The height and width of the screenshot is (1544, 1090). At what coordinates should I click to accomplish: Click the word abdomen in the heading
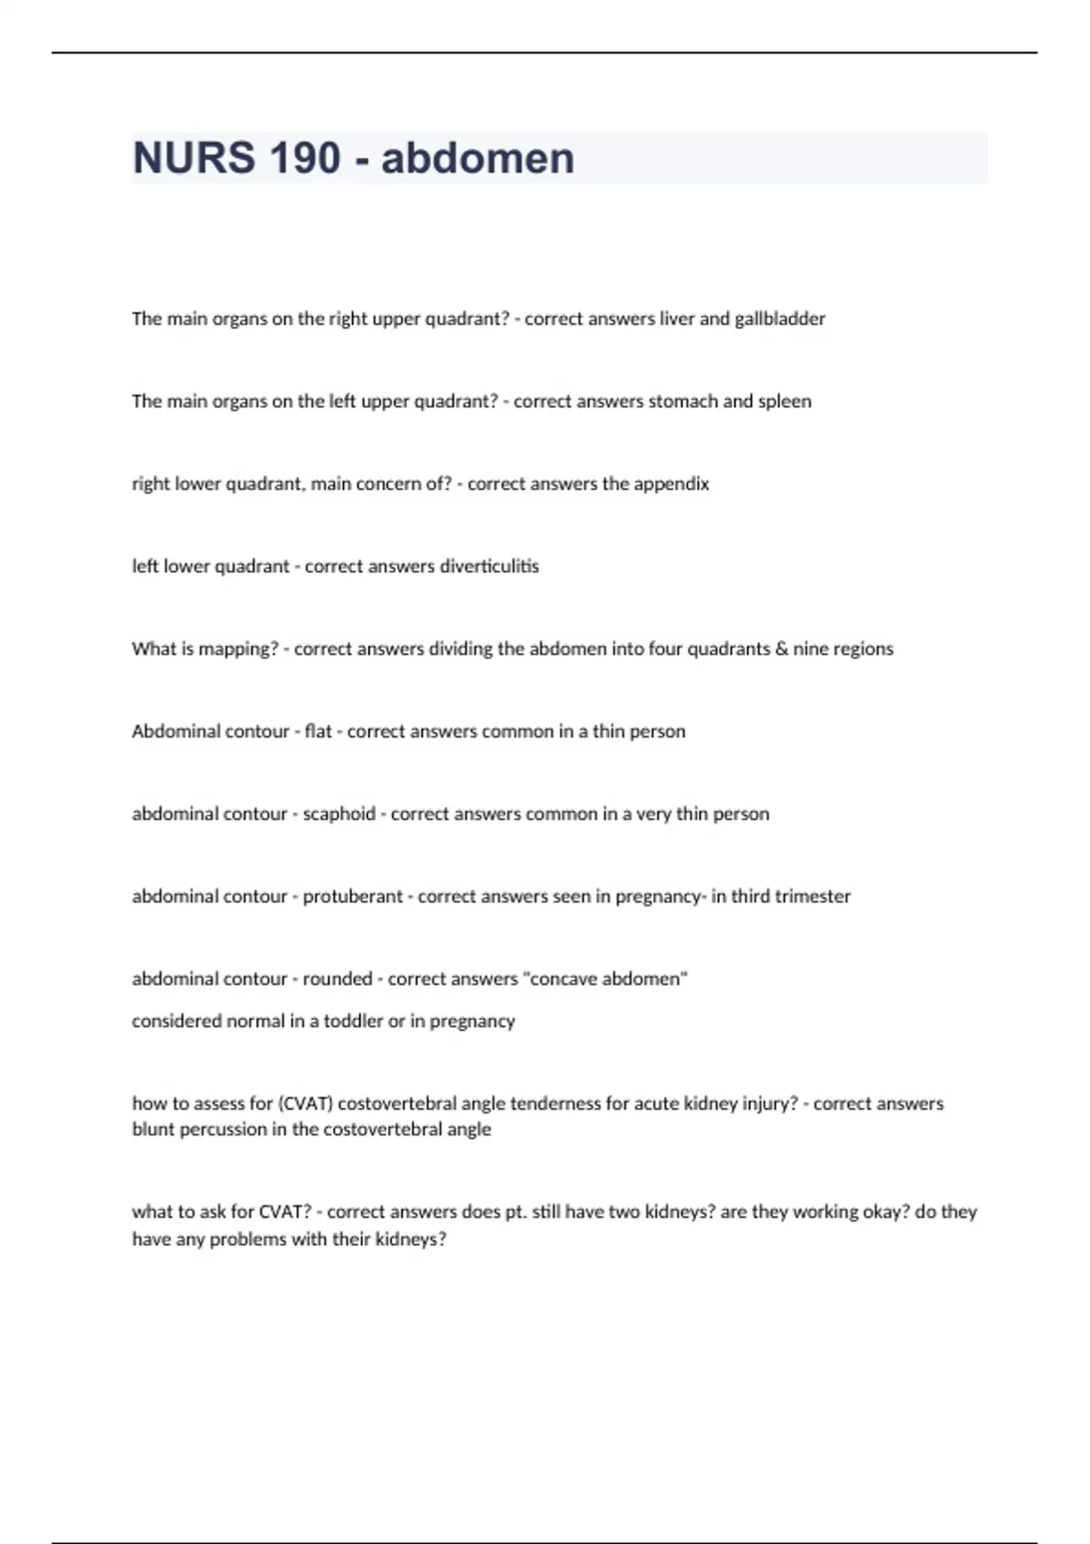point(478,158)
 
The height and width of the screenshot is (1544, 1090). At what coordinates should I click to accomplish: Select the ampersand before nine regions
point(781,649)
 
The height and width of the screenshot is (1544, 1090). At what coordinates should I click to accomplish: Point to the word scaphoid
point(339,814)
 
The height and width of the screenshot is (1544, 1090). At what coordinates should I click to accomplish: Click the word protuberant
point(352,896)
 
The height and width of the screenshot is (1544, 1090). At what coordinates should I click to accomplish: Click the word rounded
point(337,979)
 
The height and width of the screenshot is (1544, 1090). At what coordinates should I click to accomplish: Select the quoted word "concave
point(564,979)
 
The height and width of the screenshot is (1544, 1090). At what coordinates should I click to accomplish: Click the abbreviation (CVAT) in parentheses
point(305,1104)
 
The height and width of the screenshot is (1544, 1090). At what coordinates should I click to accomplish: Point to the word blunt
point(153,1130)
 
